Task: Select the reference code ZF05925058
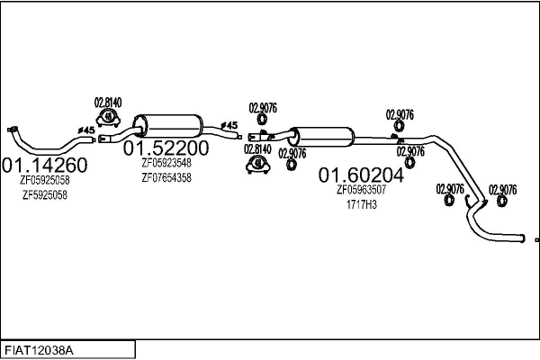(x=45, y=180)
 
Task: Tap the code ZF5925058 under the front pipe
(x=45, y=195)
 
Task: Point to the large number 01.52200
(x=166, y=148)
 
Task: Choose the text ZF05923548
(x=166, y=163)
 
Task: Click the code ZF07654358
(x=166, y=178)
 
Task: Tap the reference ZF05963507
(x=362, y=190)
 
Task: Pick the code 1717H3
(x=362, y=205)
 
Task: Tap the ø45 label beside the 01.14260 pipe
(x=87, y=130)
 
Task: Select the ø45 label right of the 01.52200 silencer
(x=229, y=125)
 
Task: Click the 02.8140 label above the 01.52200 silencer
(x=109, y=103)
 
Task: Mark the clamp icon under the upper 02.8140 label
(x=109, y=117)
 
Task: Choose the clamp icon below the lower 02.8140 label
(x=258, y=165)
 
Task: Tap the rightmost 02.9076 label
(x=502, y=189)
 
